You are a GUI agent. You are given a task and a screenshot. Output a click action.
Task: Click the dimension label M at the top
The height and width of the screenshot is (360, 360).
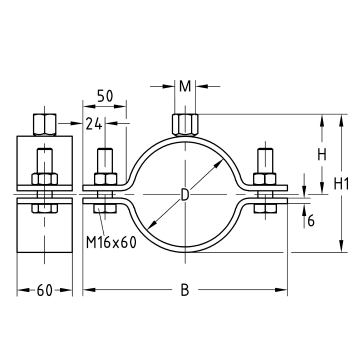(185, 86)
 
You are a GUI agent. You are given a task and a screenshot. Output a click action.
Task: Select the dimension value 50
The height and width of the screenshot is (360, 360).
(105, 96)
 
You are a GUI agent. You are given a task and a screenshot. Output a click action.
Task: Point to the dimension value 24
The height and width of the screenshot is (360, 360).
(94, 124)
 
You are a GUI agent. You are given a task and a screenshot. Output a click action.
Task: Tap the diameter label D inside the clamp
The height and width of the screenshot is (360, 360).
(185, 195)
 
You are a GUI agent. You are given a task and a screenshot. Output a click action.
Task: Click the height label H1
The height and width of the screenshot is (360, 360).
(341, 184)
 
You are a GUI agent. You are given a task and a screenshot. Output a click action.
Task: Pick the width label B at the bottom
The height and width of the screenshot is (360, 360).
(185, 290)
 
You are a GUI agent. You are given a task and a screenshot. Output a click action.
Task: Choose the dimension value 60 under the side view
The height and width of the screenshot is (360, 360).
(45, 290)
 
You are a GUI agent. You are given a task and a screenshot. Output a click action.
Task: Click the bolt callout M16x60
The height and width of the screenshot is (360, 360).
(111, 242)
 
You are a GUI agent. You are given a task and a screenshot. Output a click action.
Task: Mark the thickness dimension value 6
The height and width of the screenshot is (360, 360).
(311, 221)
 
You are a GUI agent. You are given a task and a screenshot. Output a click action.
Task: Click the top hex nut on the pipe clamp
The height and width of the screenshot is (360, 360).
(185, 125)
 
